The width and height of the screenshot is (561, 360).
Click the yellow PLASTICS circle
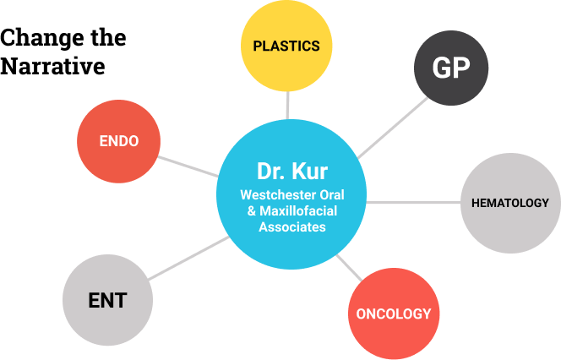(286, 46)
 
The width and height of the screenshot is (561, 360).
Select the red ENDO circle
(118, 141)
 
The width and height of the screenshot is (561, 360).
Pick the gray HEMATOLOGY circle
(509, 203)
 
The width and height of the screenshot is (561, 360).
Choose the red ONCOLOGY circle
(393, 314)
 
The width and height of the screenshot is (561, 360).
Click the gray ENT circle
(107, 300)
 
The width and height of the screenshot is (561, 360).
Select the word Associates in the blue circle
(291, 227)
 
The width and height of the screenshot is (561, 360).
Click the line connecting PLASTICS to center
(287, 105)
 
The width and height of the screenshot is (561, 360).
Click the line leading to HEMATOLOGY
(414, 203)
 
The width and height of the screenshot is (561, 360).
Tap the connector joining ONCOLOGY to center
(350, 269)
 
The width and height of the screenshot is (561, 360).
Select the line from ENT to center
(188, 259)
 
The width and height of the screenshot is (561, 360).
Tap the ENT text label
(107, 300)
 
